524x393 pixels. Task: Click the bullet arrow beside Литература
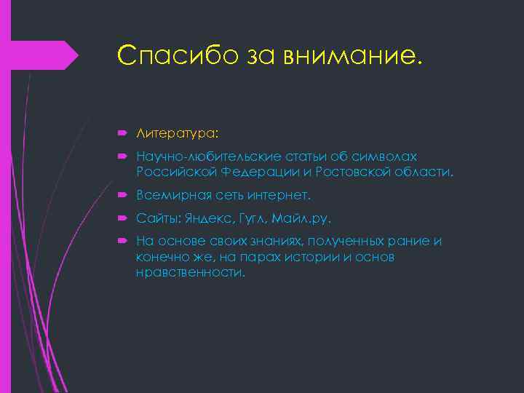click(120, 133)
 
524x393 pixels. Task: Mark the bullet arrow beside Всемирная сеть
click(120, 196)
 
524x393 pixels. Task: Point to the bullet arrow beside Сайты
click(120, 218)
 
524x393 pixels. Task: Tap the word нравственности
click(191, 273)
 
